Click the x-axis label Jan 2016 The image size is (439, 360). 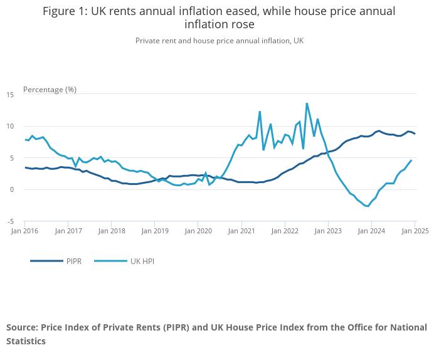point(24,231)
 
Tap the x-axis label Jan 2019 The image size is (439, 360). point(155,231)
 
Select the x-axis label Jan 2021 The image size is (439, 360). point(241,231)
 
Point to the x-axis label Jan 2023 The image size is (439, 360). point(328,231)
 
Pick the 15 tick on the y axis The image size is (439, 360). point(10,95)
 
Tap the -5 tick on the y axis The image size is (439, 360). point(11,221)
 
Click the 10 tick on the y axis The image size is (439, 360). point(10,126)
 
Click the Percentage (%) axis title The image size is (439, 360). point(50,89)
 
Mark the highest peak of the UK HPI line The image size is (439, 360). point(307,103)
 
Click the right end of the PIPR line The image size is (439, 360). point(415,134)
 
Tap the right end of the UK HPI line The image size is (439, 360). point(411,160)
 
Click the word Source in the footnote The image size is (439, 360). point(22,327)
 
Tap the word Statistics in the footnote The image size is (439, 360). point(26,341)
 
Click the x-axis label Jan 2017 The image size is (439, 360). point(68,231)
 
